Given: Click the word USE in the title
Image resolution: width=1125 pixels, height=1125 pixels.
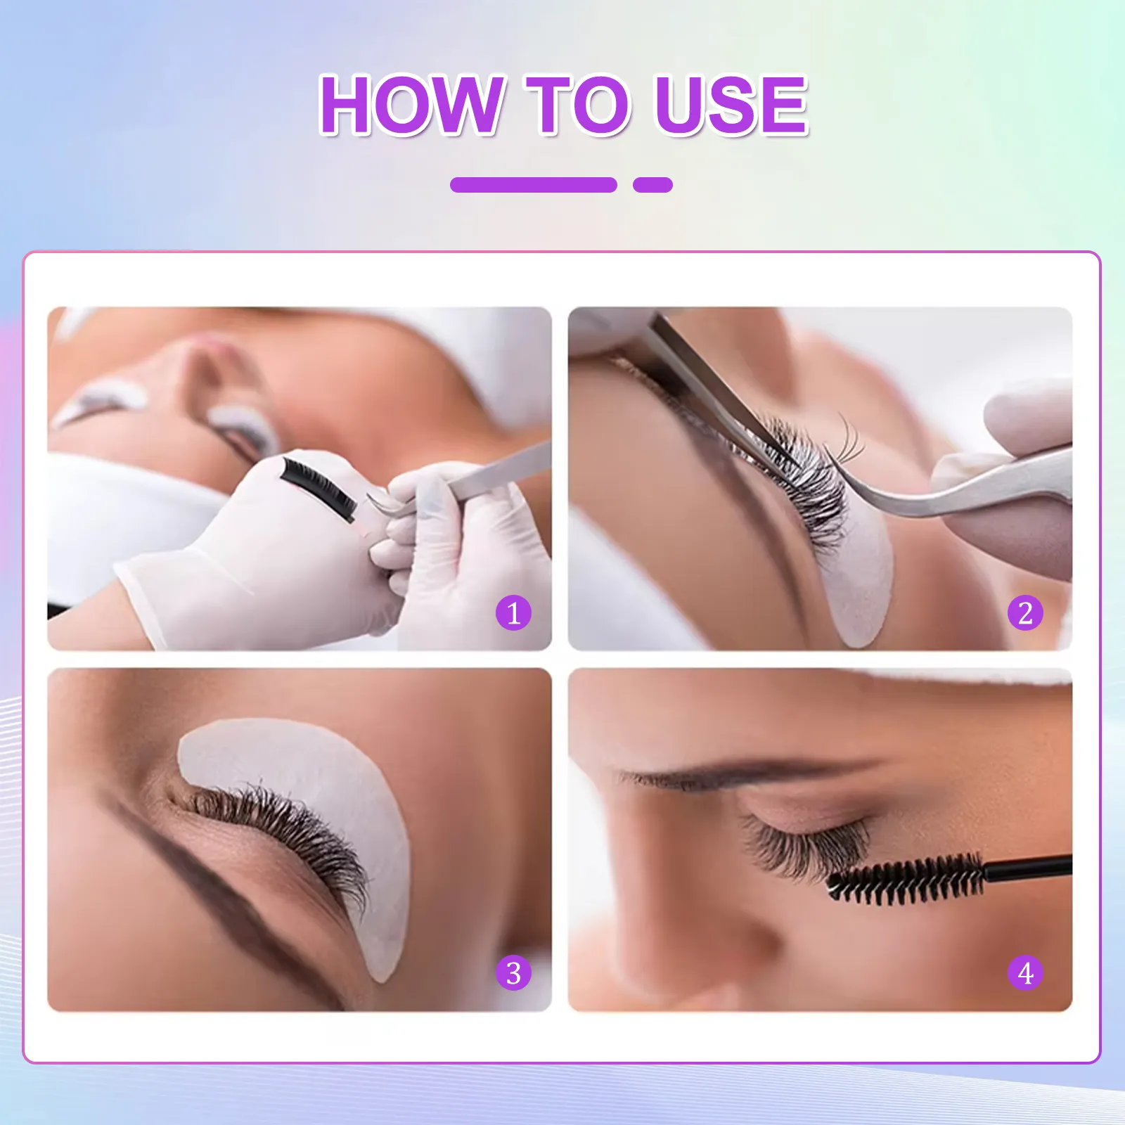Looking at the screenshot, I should [731, 105].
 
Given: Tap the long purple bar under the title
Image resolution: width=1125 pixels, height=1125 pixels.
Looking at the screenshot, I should [533, 185].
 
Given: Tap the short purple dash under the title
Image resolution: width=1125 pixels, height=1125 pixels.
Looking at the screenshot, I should [652, 185].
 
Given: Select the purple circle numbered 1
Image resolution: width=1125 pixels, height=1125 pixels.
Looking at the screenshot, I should [513, 612].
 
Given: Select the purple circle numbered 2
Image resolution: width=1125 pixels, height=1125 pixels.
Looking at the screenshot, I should [1025, 612].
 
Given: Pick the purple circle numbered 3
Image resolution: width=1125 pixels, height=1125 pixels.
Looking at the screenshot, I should [513, 973].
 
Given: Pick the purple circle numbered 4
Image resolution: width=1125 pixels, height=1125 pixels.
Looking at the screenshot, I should [1025, 973].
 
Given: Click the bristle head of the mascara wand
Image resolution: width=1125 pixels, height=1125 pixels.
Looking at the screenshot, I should [907, 879].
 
